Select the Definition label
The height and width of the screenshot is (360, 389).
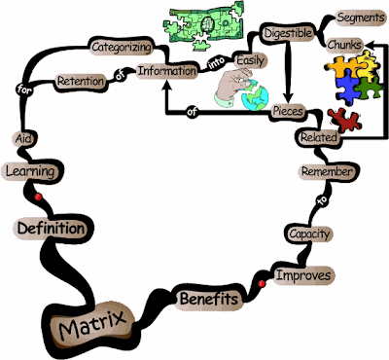click(51, 229)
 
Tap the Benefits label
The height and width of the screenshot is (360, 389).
click(209, 299)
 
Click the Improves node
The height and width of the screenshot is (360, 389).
click(303, 275)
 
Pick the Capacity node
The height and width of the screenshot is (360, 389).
click(309, 234)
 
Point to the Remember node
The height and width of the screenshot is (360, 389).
click(327, 171)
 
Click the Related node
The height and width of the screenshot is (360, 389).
click(319, 137)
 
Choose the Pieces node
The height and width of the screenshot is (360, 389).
click(288, 111)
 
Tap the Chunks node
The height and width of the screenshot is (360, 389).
click(344, 45)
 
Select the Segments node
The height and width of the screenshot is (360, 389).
click(361, 18)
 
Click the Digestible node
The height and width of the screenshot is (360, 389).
click(288, 33)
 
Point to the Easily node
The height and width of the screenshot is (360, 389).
click(250, 60)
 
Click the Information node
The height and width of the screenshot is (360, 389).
click(167, 71)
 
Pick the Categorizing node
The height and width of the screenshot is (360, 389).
click(122, 47)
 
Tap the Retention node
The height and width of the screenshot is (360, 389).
click(81, 81)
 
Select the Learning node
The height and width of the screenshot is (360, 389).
click(30, 171)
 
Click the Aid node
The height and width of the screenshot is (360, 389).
click(23, 138)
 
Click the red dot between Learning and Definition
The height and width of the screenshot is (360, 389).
click(38, 197)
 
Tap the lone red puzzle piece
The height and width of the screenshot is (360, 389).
click(344, 120)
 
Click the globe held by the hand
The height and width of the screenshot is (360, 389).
click(256, 95)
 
